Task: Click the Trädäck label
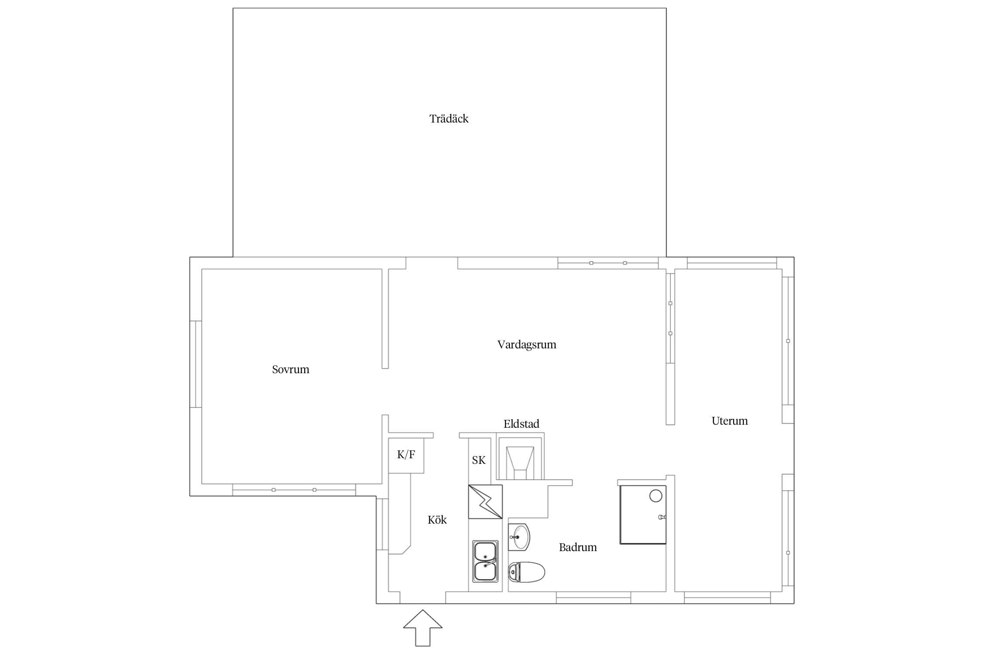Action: point(449,119)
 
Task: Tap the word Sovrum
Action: point(291,369)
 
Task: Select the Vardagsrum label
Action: point(527,344)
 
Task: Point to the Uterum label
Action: point(730,421)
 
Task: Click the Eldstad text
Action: point(522,424)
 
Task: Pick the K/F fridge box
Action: point(406,455)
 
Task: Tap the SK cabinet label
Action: point(479,460)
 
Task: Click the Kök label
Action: point(437,520)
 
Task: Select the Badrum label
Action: point(578,547)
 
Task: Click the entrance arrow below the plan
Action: point(422,628)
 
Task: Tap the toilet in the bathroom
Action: point(526,572)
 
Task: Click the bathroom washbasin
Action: point(519,537)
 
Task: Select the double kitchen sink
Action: point(485,561)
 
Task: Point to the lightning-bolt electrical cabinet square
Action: point(485,502)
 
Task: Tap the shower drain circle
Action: point(656,496)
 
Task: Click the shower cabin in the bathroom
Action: point(643,514)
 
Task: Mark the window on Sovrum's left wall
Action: point(196,364)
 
